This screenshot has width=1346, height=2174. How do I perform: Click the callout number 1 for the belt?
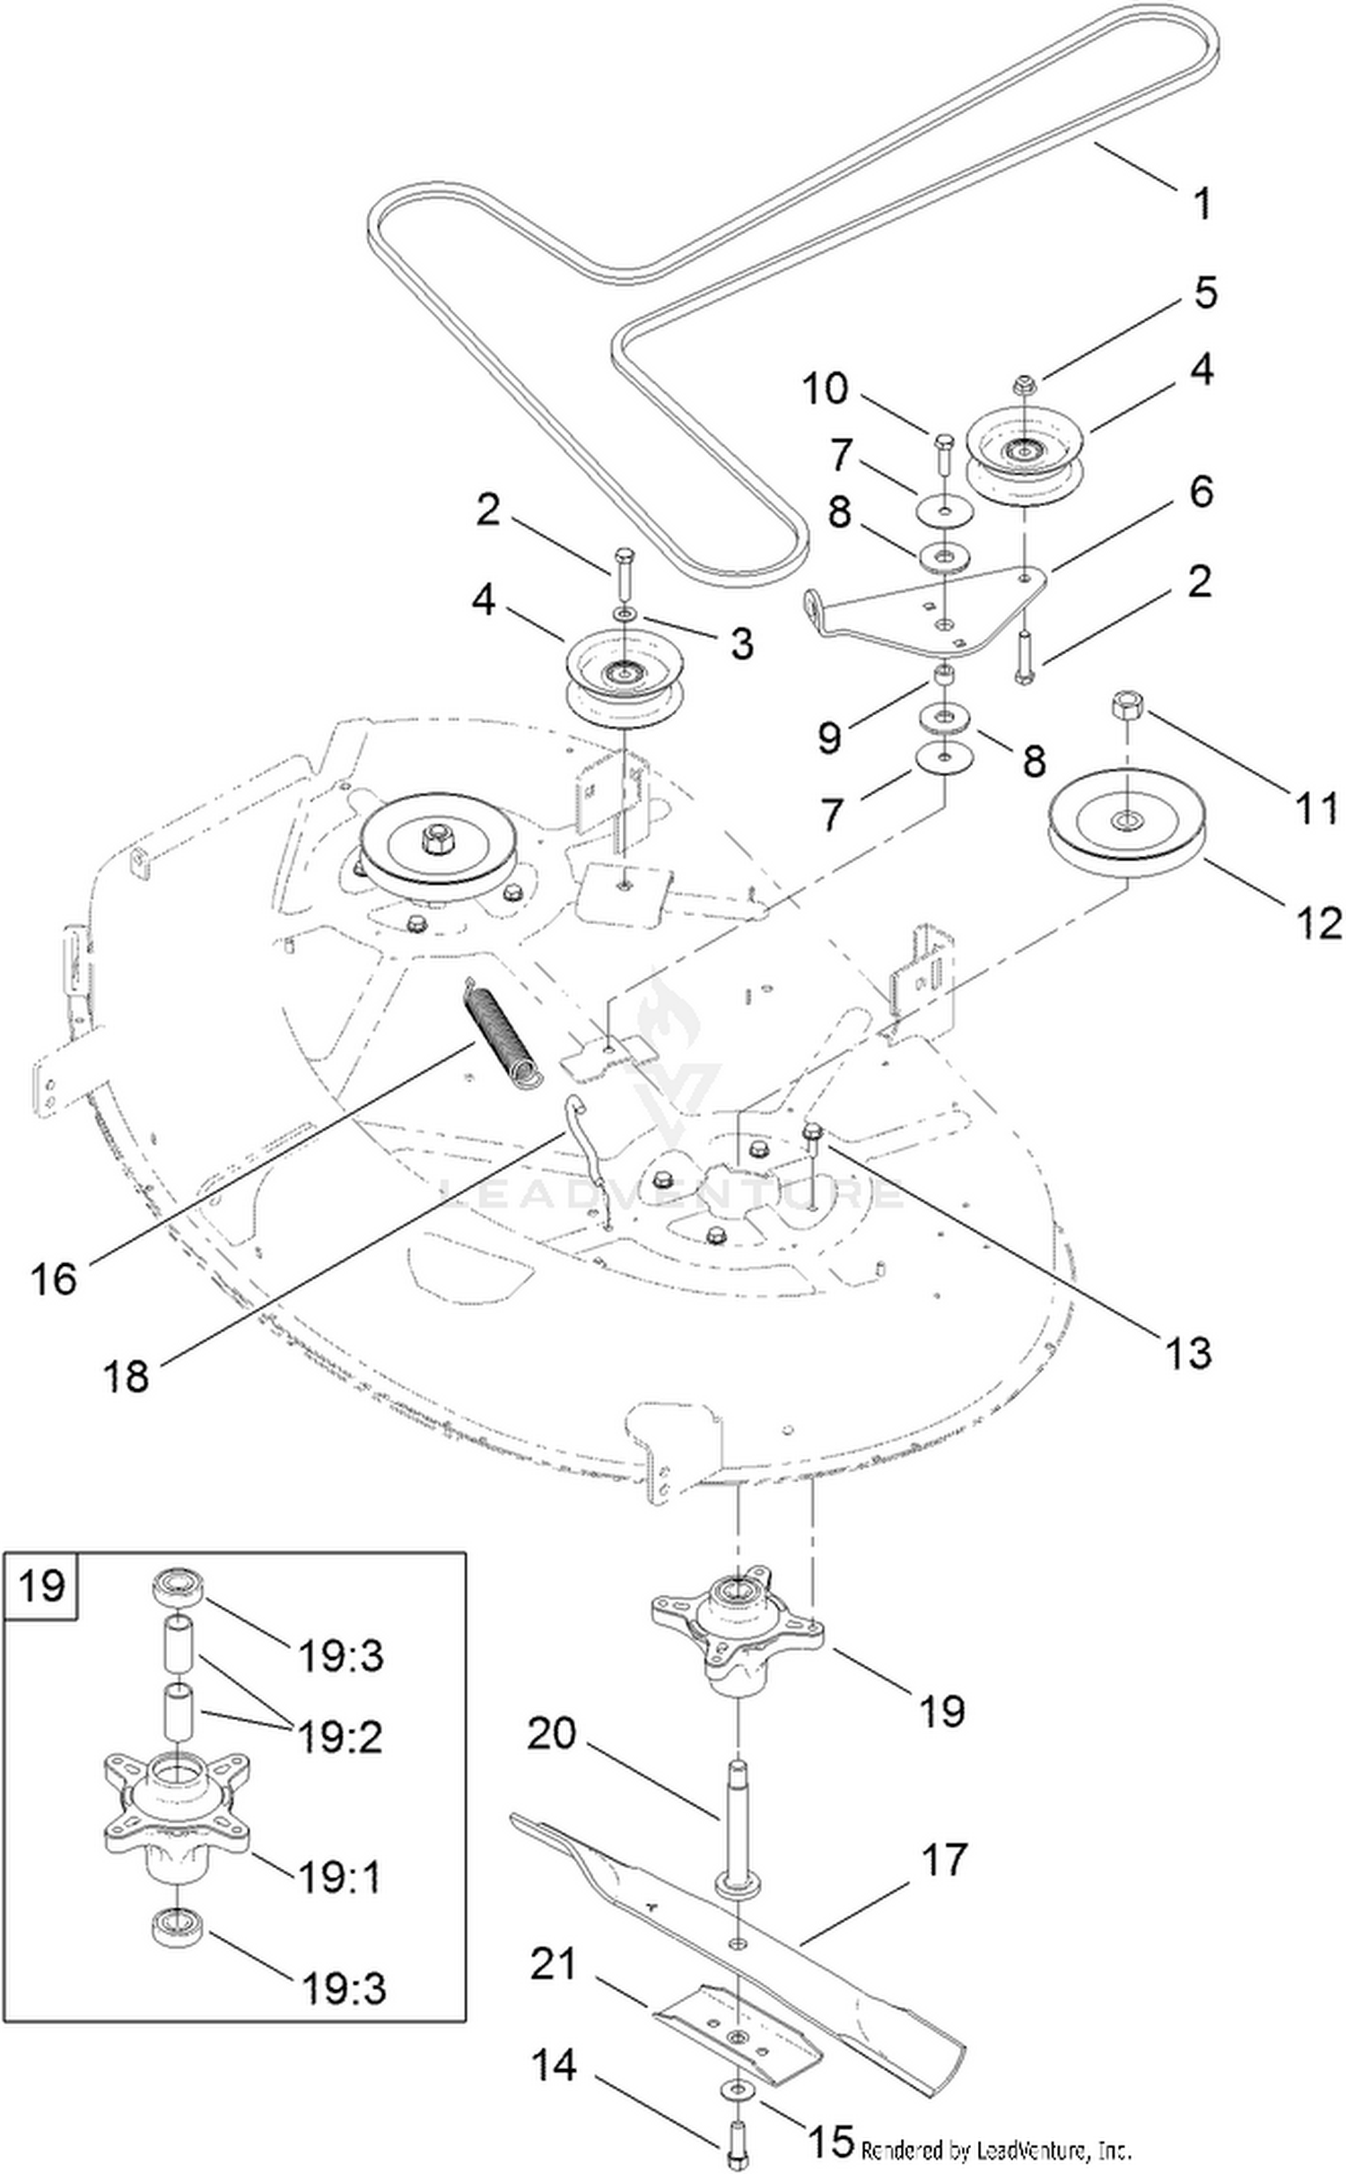[1202, 203]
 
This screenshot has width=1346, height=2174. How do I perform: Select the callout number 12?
[1318, 923]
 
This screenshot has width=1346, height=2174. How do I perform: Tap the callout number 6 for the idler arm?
[1201, 492]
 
